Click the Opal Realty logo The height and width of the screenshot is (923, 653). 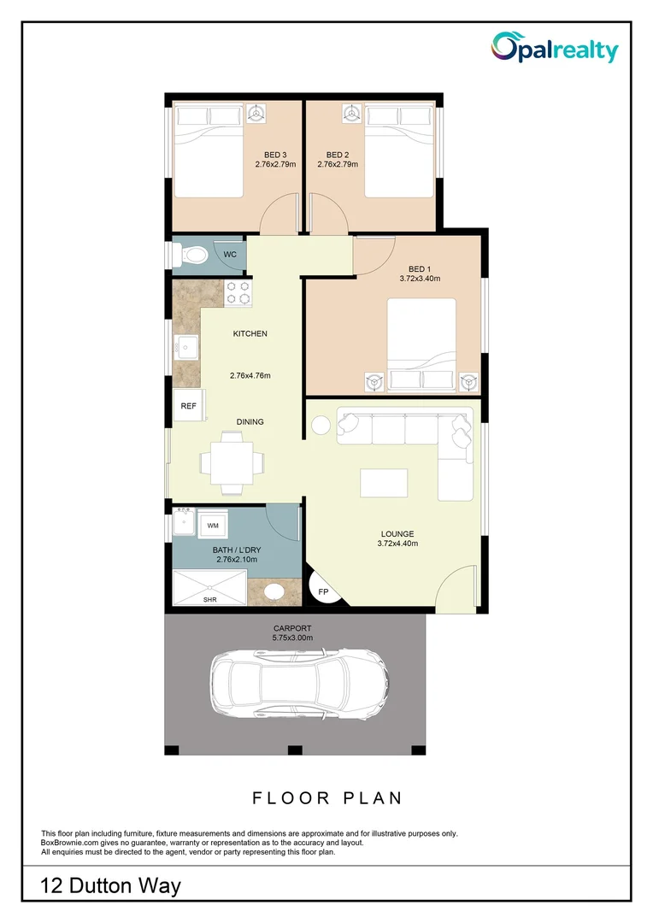click(554, 48)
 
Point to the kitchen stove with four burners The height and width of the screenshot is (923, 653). click(238, 293)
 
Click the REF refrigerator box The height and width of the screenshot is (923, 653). click(189, 407)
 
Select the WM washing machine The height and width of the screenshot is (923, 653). click(213, 525)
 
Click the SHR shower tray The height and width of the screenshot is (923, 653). click(209, 588)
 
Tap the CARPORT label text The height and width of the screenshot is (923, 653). click(292, 627)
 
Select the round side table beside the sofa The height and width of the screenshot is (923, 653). click(321, 425)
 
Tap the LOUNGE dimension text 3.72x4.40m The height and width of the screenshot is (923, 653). click(397, 544)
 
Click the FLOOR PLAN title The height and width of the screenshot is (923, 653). click(326, 798)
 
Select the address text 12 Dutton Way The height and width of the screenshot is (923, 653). click(111, 885)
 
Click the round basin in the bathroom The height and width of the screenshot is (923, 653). click(275, 591)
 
